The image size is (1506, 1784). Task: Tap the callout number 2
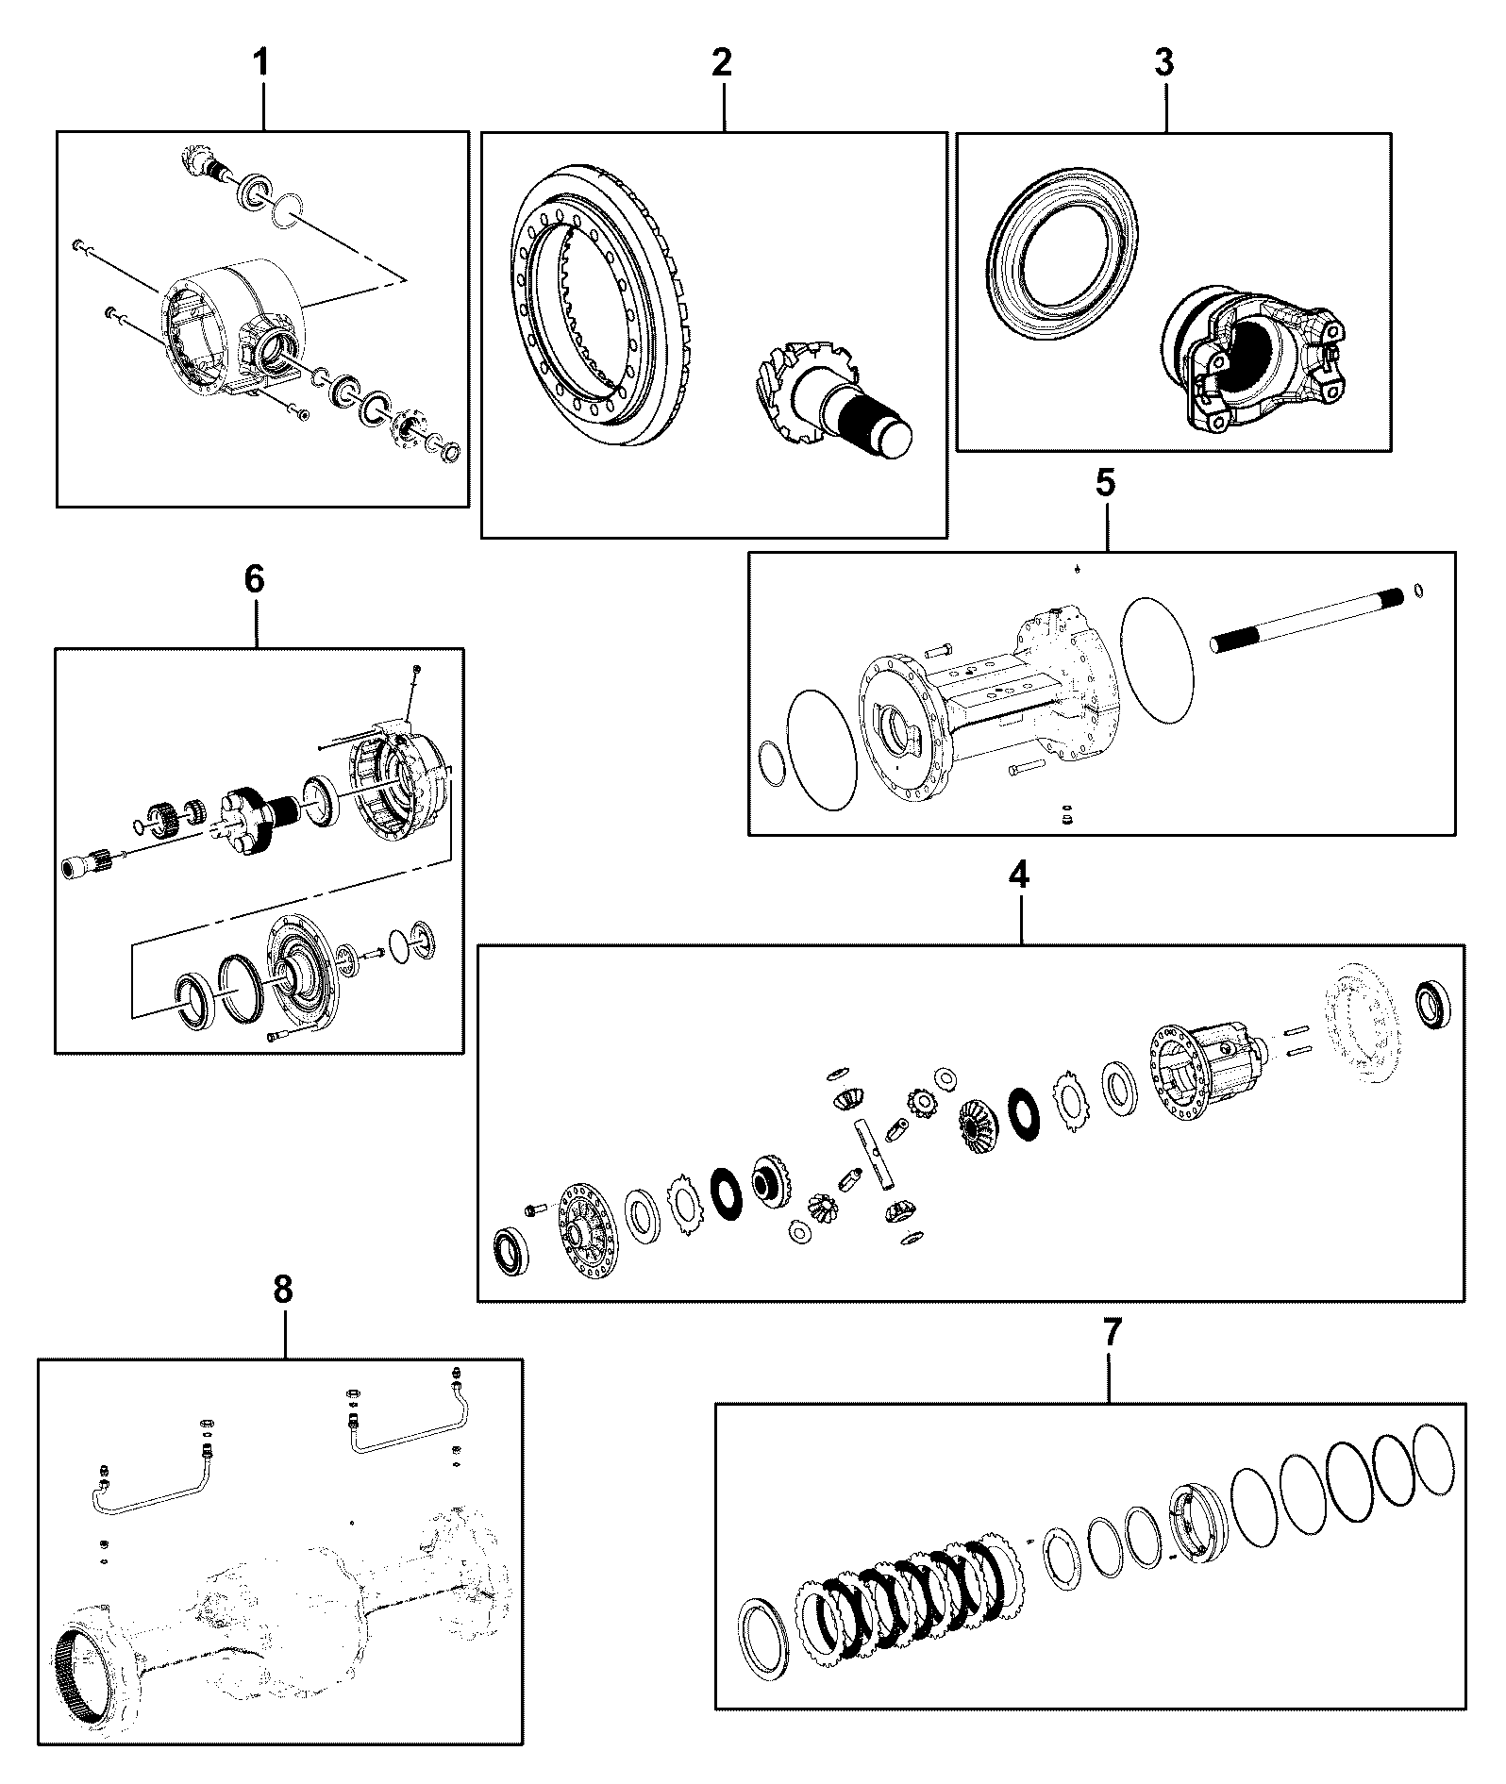click(721, 63)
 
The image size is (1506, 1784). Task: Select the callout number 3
click(1163, 63)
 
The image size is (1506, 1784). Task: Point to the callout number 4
click(1018, 875)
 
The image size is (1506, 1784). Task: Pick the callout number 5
click(1106, 483)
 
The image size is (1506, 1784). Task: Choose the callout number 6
click(255, 580)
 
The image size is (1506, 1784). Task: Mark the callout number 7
click(1112, 1333)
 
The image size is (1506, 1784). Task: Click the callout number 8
click(283, 1290)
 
